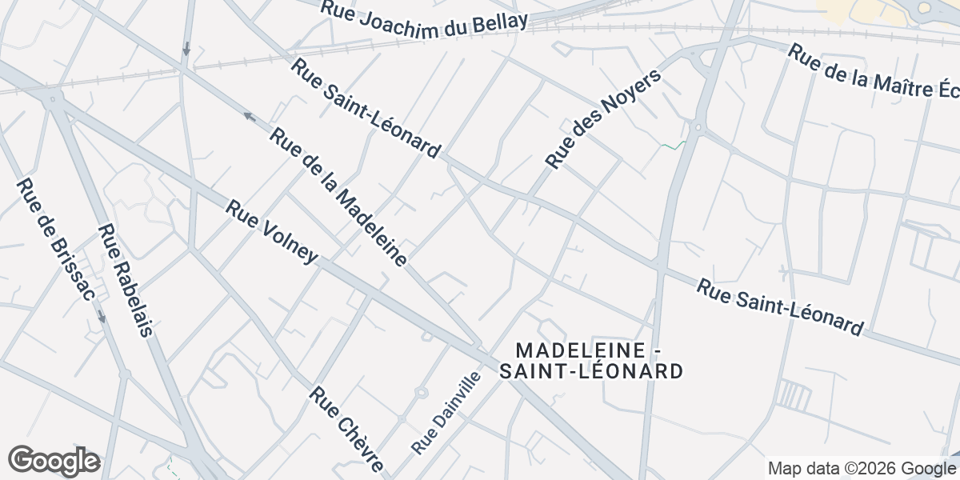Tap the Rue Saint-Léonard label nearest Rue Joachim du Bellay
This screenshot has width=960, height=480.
366,108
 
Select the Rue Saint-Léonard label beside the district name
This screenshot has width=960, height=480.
780,307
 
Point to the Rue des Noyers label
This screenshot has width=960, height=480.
604,119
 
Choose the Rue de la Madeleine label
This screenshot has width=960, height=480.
338,197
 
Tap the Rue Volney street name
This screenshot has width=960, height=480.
272,231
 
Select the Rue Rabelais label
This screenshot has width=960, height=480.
125,280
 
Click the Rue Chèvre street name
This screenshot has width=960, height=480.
347,429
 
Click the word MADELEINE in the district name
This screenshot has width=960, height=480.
582,350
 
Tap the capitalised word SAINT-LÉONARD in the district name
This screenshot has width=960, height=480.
591,371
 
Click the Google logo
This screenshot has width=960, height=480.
54,461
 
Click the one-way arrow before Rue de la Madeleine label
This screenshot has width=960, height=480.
249,117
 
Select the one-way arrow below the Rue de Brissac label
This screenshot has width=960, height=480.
102,317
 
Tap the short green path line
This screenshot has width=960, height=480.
674,146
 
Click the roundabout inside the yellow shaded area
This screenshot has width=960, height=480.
924,8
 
